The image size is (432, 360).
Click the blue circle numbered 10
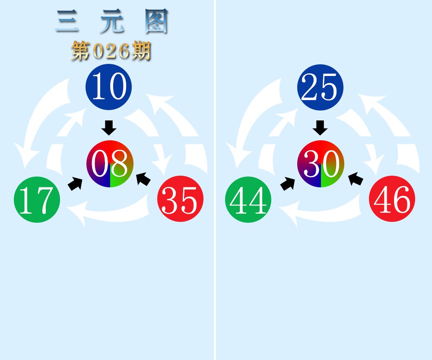click(108, 87)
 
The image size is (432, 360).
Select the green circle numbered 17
click(37, 199)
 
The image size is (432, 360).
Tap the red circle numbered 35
click(181, 199)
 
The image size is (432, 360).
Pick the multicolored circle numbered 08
click(110, 164)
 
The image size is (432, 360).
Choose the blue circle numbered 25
click(320, 87)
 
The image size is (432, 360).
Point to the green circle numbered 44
click(248, 199)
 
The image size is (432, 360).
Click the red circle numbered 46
click(392, 199)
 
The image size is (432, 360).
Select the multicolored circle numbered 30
click(321, 164)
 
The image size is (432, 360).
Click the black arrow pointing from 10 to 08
click(109, 128)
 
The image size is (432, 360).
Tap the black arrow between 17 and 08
click(75, 183)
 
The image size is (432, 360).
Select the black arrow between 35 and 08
click(143, 179)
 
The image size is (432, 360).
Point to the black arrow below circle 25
click(320, 128)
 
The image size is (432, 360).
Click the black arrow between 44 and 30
click(287, 183)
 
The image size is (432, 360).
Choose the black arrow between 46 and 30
click(356, 179)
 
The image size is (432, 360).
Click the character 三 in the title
click(67, 22)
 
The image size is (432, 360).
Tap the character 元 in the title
click(111, 22)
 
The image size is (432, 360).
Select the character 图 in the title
click(156, 22)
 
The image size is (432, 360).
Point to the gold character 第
click(81, 51)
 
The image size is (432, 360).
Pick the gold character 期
click(141, 51)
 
